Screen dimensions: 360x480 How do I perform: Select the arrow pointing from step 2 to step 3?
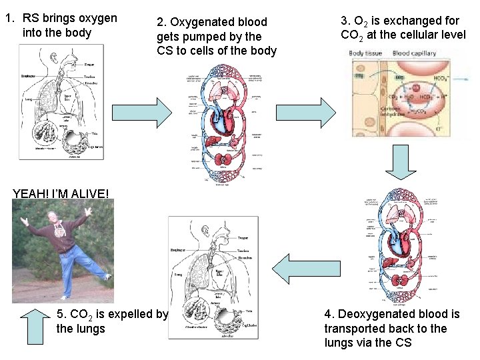click(x=315, y=112)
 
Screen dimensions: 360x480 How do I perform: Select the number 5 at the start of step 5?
click(x=61, y=314)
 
